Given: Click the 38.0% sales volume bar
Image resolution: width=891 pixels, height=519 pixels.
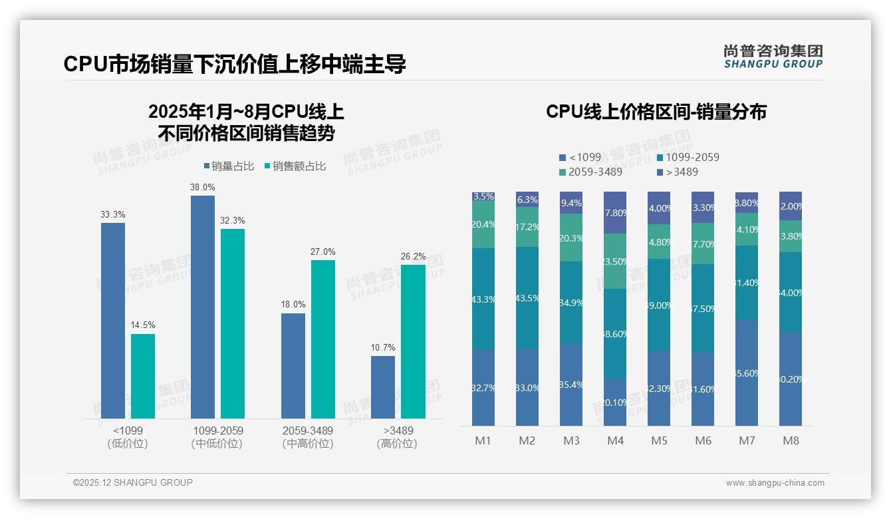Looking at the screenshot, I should click(x=203, y=306).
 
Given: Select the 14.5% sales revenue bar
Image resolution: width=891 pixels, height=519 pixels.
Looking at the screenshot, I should click(x=143, y=376).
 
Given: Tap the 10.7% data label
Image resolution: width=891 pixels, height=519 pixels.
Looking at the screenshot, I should click(x=383, y=347).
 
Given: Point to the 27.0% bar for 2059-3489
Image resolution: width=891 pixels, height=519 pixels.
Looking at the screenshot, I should click(x=323, y=339).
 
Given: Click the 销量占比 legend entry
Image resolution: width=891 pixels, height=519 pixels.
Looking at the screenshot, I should click(x=229, y=166).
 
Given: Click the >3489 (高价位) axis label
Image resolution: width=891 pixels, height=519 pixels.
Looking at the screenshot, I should click(x=396, y=437).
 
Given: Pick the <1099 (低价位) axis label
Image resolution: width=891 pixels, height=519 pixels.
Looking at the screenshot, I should click(x=127, y=437).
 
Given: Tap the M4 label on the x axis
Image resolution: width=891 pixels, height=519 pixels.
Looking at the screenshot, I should click(x=615, y=441).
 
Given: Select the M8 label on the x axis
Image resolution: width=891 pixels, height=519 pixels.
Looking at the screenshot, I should click(x=791, y=441).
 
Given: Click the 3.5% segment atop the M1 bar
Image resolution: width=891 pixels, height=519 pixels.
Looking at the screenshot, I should click(x=483, y=196).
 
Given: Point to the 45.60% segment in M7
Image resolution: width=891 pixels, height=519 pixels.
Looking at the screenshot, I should click(x=747, y=373).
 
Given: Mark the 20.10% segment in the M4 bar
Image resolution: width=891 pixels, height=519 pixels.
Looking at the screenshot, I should click(x=615, y=402).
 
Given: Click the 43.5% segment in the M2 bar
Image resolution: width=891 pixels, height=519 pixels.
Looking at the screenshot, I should click(x=527, y=297).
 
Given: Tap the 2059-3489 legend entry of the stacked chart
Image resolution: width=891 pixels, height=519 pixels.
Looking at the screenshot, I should click(x=590, y=172).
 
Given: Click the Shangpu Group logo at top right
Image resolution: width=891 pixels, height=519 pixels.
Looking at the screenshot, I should click(x=773, y=56).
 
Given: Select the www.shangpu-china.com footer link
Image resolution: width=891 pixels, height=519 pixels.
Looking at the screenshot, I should click(x=775, y=483).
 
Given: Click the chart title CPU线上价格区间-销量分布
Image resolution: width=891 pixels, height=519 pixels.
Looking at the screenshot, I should click(x=656, y=112).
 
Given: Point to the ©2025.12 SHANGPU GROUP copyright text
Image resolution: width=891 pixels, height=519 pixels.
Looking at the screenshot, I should click(x=133, y=482).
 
